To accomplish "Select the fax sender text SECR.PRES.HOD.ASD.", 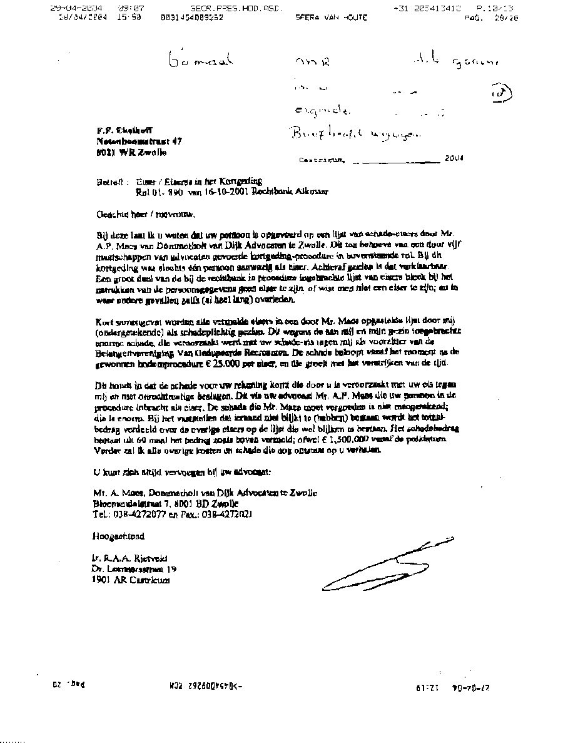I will (236, 9).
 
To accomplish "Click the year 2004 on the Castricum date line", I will (455, 159).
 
